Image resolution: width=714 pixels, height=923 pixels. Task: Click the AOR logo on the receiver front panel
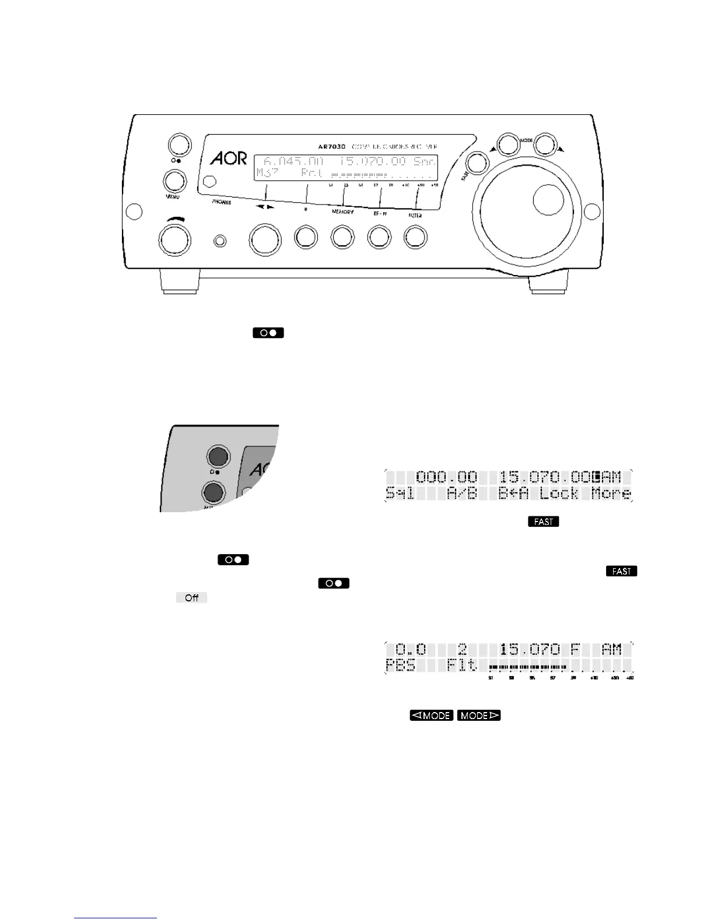point(228,158)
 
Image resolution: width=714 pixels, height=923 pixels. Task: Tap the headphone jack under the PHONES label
point(220,241)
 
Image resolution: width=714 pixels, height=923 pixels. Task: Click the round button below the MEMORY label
point(342,238)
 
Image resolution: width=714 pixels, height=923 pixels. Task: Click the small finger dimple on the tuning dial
point(548,200)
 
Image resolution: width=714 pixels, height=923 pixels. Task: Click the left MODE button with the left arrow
point(508,145)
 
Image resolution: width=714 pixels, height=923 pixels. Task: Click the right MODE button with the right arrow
point(547,145)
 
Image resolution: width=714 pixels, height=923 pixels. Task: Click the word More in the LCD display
point(611,494)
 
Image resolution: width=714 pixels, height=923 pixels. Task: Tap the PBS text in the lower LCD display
point(401,665)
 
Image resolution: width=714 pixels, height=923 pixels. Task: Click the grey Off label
point(191,598)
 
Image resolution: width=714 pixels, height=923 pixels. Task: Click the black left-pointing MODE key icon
point(431,715)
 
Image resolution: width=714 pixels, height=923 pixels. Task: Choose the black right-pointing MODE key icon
point(479,715)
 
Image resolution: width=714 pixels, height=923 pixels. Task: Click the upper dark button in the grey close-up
point(217,456)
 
